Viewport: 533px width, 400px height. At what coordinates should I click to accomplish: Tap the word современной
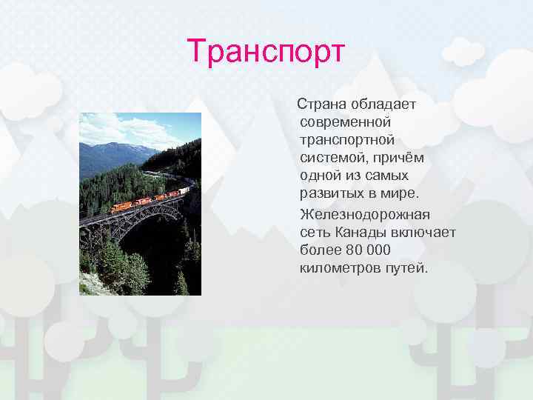tap(346, 121)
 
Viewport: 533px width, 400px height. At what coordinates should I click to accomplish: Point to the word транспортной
tap(346, 139)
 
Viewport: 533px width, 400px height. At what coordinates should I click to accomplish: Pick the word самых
tap(387, 176)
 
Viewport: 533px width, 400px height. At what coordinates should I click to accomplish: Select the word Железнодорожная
tap(365, 214)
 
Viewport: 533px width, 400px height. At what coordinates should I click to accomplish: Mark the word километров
tap(337, 267)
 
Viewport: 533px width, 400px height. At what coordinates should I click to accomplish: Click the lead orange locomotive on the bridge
tap(121, 207)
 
